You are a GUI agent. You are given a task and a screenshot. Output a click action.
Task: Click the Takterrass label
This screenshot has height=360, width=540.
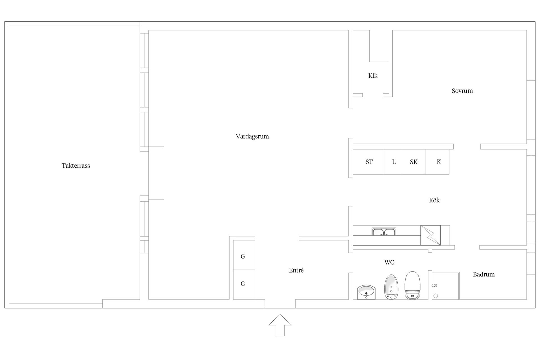pos(76,166)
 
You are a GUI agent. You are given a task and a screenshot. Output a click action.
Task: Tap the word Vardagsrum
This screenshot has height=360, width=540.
pos(252,136)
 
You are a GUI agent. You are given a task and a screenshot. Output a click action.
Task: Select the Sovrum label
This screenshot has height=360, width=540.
pos(462,91)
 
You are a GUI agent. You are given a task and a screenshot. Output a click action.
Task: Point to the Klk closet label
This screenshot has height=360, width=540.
pos(373,76)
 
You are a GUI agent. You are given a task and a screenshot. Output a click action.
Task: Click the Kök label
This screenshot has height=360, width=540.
pos(434,200)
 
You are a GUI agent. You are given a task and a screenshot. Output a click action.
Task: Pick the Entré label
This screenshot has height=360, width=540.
pos(296,270)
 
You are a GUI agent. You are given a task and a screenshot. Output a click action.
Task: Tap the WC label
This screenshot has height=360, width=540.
pos(389,262)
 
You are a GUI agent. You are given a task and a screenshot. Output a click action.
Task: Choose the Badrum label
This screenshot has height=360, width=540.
pos(484,274)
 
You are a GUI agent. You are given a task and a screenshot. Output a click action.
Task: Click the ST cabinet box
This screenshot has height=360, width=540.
pos(368,162)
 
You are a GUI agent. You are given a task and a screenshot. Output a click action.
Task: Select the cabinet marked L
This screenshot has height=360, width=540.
pos(393,162)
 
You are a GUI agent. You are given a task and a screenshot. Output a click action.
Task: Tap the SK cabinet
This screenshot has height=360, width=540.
pos(413,162)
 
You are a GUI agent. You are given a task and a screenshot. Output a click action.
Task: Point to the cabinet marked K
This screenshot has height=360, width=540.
pos(437,162)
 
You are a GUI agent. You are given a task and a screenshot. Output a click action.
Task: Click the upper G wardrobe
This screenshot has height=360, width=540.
pos(244,255)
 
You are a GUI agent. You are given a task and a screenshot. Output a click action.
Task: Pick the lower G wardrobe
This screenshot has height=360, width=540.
pos(244,285)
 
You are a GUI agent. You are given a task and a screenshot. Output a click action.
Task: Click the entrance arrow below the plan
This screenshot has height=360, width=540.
pos(280,325)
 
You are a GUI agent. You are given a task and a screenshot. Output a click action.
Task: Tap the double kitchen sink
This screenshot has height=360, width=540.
pos(384,232)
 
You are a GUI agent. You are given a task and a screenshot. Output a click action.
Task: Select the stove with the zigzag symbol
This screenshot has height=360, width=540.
pos(431,235)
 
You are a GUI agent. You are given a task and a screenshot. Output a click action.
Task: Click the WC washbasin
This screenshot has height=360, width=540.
pos(366,292)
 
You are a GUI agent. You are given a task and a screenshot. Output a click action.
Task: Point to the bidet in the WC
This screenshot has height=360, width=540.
pos(391,287)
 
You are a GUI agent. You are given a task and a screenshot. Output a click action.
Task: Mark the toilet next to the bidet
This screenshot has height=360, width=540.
pos(412,285)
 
